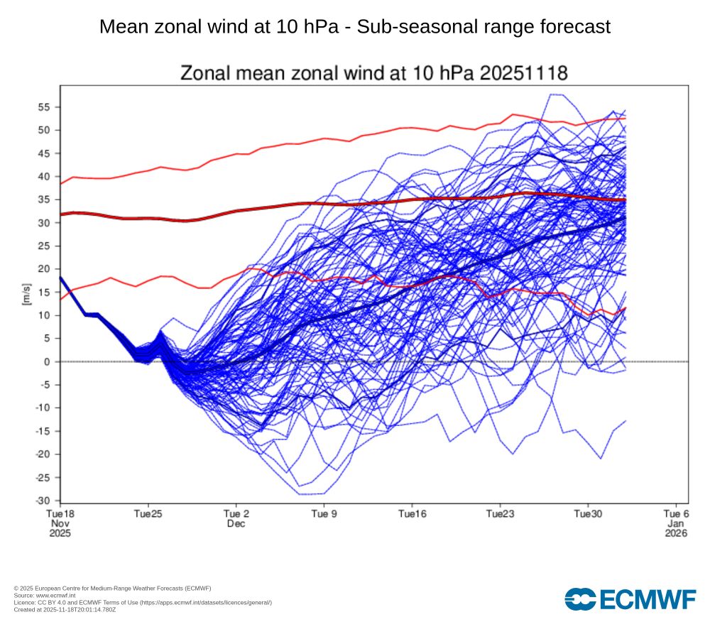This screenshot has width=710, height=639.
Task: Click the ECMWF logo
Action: point(630,599)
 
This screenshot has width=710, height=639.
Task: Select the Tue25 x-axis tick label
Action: point(147,513)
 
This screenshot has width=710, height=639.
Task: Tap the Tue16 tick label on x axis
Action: point(411,513)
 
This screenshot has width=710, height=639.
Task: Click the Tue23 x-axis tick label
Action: point(500,513)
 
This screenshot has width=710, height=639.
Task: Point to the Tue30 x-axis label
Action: point(588,513)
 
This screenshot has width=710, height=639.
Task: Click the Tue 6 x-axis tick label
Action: point(675,513)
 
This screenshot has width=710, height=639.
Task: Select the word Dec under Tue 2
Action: point(236,523)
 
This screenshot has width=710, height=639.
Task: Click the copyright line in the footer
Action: point(112,588)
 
